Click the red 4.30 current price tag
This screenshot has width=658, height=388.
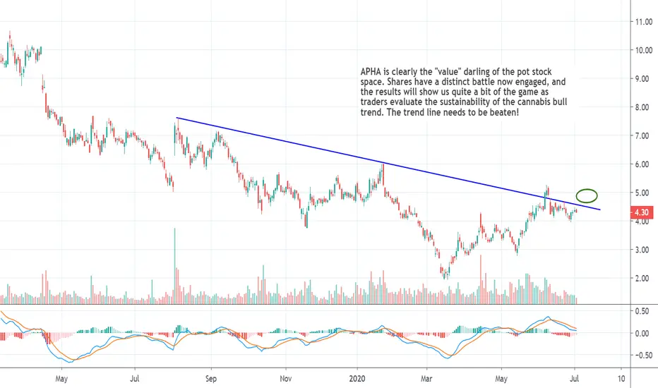click(642, 212)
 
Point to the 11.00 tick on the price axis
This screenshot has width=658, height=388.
click(643, 22)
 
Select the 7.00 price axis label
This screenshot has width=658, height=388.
click(643, 136)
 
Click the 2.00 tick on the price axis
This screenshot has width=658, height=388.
click(643, 278)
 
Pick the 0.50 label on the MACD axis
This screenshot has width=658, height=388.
click(642, 311)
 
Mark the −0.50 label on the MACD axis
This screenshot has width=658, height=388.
click(640, 356)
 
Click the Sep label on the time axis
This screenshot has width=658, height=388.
click(211, 379)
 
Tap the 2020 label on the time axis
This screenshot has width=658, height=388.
click(357, 379)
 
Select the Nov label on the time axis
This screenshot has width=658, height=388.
click(285, 379)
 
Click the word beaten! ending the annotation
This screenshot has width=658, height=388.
click(504, 112)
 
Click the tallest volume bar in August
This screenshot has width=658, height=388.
click(175, 266)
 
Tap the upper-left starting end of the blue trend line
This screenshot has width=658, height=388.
click(177, 118)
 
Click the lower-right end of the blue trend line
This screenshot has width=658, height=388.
click(600, 210)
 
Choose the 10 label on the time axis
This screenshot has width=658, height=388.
click(621, 379)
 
